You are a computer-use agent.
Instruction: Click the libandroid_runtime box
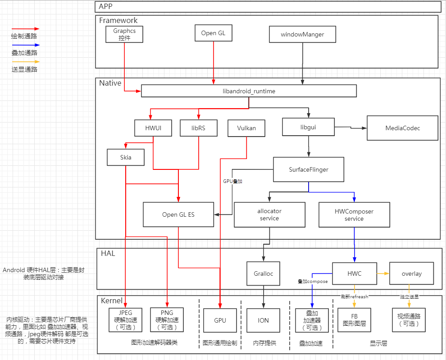coord(249,91)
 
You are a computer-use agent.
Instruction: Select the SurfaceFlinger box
coord(309,169)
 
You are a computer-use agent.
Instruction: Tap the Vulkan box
coord(246,128)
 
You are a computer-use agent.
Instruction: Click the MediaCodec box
coord(402,128)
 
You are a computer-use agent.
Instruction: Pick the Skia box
coord(126,157)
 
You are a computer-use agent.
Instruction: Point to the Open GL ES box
coord(178,214)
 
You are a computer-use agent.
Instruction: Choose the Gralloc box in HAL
coord(263,273)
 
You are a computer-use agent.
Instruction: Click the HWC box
coord(354,273)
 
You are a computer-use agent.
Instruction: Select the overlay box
coord(411,273)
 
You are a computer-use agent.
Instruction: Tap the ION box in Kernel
coord(263,320)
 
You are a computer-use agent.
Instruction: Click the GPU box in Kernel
coord(220,320)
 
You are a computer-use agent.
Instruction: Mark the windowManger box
coord(302,34)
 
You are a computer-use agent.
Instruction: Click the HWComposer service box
coord(354,214)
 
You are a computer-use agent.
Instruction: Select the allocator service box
coord(269,214)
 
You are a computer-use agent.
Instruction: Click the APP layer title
coord(106,6)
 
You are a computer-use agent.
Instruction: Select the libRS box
coord(198,128)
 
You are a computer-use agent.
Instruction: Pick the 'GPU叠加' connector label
coord(233,181)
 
